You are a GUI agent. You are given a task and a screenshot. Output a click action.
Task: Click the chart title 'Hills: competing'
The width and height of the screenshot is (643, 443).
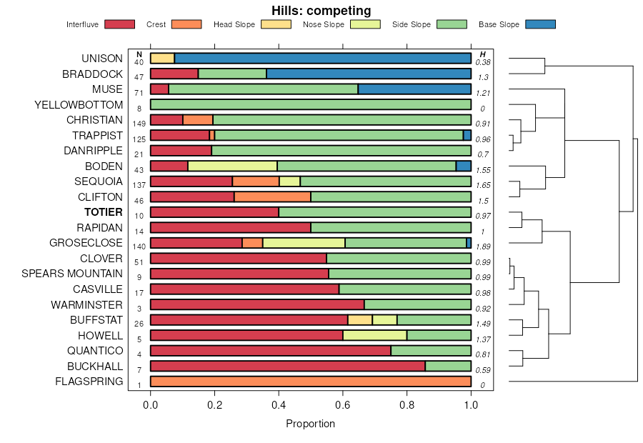(x=321, y=11)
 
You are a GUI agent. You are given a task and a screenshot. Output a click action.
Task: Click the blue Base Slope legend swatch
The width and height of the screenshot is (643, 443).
(x=540, y=24)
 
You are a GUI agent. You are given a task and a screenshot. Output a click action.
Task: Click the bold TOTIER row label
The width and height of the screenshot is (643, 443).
(x=104, y=212)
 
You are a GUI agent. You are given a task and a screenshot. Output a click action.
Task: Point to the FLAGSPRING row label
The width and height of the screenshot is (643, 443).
(x=89, y=382)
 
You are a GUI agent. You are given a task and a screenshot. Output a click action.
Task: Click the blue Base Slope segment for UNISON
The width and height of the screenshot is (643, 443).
(x=322, y=59)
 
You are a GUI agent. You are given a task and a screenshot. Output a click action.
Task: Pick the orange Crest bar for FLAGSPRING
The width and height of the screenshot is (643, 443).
(x=310, y=382)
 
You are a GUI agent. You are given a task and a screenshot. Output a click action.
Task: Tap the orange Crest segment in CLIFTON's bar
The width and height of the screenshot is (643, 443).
(x=272, y=197)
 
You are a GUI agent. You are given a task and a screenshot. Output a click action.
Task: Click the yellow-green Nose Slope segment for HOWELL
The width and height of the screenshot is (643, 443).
(x=374, y=335)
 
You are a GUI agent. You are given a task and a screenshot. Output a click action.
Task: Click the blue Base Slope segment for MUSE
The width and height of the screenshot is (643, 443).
(x=414, y=89)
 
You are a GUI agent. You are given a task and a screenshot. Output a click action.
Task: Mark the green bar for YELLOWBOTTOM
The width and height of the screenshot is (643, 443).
(x=310, y=105)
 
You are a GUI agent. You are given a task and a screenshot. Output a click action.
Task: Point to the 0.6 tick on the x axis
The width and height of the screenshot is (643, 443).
(x=343, y=405)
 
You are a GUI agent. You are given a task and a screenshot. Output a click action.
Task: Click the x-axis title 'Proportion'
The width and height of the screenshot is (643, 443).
(x=310, y=424)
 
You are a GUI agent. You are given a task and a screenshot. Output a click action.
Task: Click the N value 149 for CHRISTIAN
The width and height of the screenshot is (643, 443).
(x=139, y=124)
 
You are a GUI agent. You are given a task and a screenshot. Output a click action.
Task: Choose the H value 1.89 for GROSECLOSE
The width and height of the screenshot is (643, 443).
(x=483, y=247)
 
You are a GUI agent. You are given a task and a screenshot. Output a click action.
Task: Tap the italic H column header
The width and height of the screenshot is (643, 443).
(x=483, y=54)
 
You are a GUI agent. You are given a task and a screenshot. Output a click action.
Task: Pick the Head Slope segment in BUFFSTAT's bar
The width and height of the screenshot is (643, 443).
(x=360, y=320)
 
